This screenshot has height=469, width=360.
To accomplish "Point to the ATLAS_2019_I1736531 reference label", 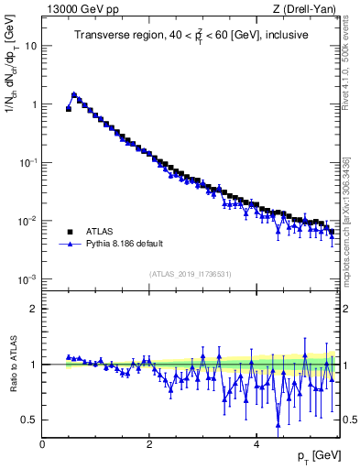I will click(190, 274).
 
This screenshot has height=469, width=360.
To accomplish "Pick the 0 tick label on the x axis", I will click(42, 444).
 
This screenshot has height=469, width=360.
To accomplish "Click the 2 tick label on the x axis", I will click(149, 444).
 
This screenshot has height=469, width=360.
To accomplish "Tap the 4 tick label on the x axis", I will click(256, 444).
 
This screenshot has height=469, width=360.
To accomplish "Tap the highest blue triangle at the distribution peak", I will click(74, 93).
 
